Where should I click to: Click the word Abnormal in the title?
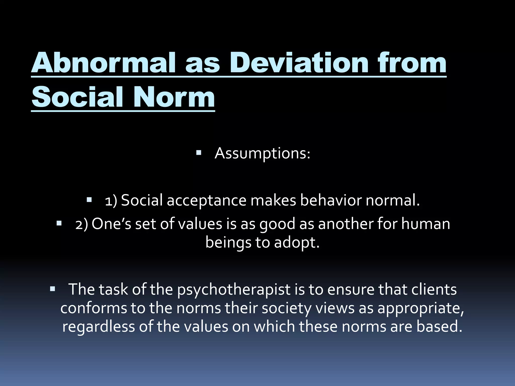click(103, 63)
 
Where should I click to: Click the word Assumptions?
click(262, 153)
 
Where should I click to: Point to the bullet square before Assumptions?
click(199, 152)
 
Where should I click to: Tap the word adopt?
click(296, 243)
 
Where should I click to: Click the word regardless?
click(99, 326)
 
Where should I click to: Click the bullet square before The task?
click(53, 289)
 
